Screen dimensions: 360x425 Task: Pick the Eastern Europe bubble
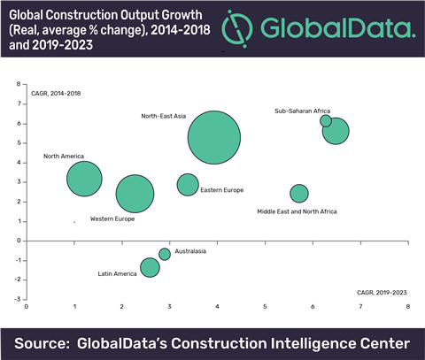(188, 184)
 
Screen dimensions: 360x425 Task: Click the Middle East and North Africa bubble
(299, 193)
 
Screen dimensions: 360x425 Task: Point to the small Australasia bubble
(165, 254)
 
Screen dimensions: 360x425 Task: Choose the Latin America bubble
(150, 266)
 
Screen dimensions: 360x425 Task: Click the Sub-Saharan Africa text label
(303, 111)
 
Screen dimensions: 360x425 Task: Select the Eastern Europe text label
(221, 190)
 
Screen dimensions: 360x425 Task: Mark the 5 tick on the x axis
(265, 308)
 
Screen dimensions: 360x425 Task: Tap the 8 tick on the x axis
(407, 308)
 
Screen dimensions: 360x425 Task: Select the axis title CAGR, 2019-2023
(382, 291)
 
